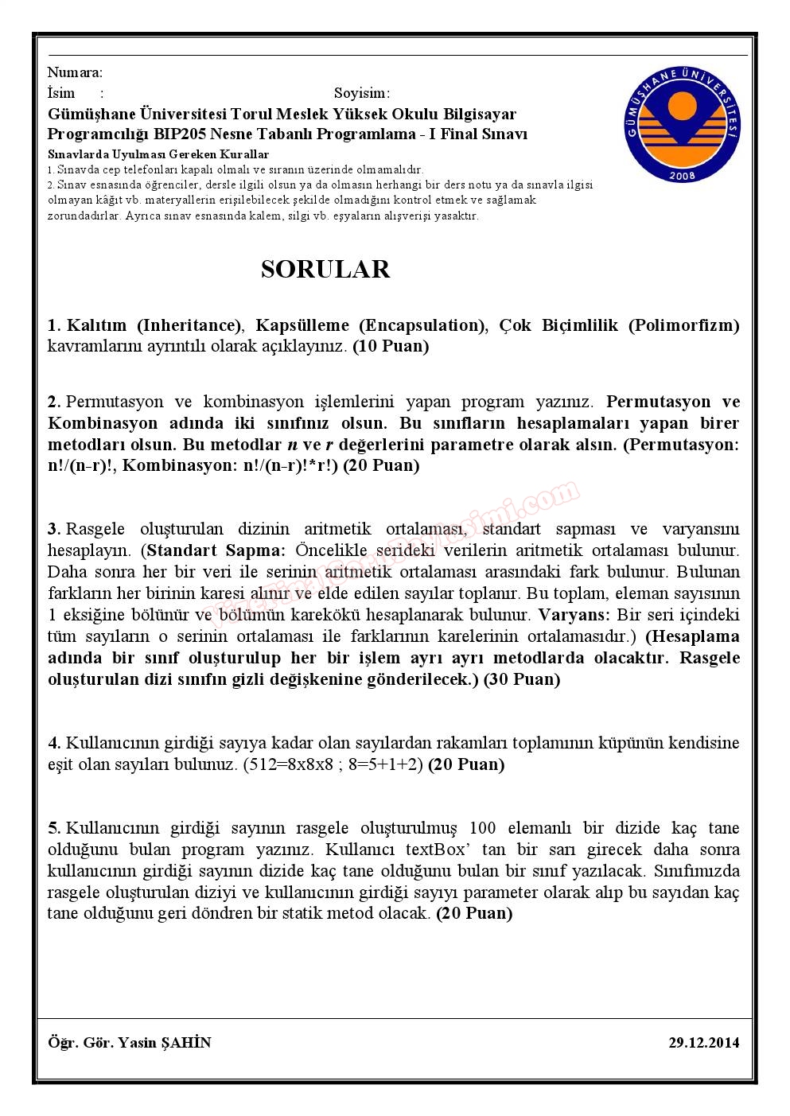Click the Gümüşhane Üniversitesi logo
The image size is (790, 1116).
coord(682,124)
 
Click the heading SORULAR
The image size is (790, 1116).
coord(325,270)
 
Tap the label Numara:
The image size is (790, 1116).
coord(75,72)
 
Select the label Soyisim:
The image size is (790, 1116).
coord(362,93)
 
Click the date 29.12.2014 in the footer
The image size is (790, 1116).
coord(703,1042)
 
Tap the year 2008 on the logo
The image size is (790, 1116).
coord(682,175)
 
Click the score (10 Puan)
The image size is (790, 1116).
coord(391,346)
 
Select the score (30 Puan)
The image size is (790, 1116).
coord(522,679)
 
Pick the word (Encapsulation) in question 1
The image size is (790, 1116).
coord(422,325)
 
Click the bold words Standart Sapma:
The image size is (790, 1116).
coord(216,550)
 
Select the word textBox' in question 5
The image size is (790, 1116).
coord(435,850)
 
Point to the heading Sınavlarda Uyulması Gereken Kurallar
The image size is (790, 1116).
coord(158,154)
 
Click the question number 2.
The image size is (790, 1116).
coord(53,402)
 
